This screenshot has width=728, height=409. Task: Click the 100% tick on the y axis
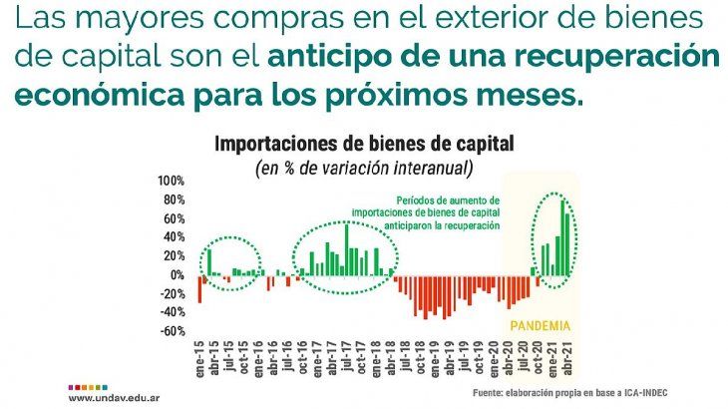(x=171, y=181)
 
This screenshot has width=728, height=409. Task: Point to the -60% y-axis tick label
(x=171, y=331)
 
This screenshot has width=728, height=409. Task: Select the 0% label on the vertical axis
(x=177, y=275)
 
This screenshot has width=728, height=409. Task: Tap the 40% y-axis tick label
(x=174, y=237)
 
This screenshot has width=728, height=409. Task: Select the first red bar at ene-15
(x=199, y=288)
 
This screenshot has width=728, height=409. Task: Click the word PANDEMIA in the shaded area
(x=540, y=326)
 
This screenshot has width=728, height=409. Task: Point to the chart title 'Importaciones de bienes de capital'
(x=364, y=144)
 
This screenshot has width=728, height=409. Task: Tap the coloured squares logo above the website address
(x=87, y=384)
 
